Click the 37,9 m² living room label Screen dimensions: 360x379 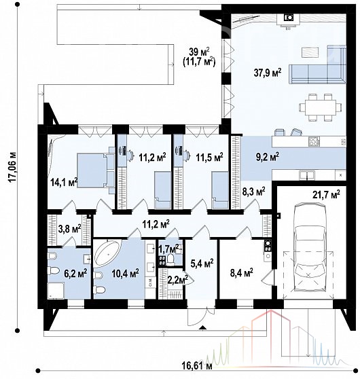pyautogui.click(x=268, y=73)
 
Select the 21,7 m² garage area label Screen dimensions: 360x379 pyautogui.click(x=326, y=194)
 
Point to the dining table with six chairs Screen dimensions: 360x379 pyautogui.click(x=320, y=107)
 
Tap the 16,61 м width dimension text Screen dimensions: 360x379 pyautogui.click(x=197, y=366)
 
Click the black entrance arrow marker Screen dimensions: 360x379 pyautogui.click(x=202, y=327)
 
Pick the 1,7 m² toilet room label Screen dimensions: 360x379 pyautogui.click(x=168, y=248)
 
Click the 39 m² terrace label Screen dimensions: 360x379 pyautogui.click(x=199, y=52)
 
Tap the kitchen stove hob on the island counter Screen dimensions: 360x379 pyautogui.click(x=314, y=141)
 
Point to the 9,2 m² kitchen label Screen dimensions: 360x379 pyautogui.click(x=268, y=157)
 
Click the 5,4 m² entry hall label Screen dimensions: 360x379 pyautogui.click(x=202, y=264)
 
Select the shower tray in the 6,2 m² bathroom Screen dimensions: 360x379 pyautogui.click(x=56, y=291)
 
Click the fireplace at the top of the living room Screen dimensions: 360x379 pyautogui.click(x=289, y=19)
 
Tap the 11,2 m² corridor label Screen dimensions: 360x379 pyautogui.click(x=156, y=224)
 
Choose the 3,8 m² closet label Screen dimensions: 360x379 pyautogui.click(x=69, y=229)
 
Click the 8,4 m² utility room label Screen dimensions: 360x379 pyautogui.click(x=241, y=273)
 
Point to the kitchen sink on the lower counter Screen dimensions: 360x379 pyautogui.click(x=307, y=175)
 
